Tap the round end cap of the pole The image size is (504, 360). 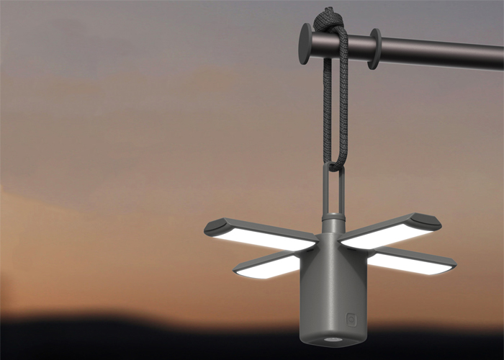pos(305,44)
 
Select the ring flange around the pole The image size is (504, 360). pos(374,48)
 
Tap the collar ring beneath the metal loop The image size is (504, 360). pos(333,216)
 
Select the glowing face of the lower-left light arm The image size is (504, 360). pos(268,268)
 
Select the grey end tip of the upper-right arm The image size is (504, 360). pos(428,220)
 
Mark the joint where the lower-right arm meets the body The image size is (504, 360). pos(370,253)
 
